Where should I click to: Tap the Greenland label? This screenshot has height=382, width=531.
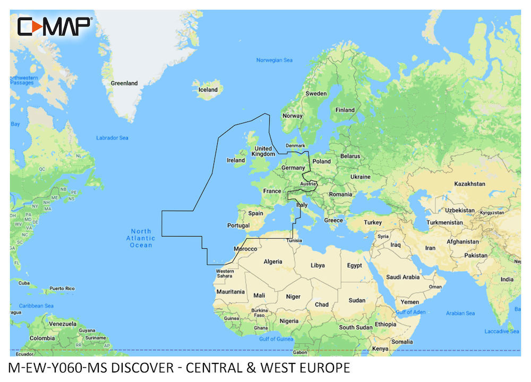124,83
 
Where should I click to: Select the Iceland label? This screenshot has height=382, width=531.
208,90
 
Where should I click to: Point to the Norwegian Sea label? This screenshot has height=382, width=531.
274,60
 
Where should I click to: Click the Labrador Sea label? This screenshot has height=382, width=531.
112,138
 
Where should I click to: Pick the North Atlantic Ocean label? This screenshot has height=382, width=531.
141,238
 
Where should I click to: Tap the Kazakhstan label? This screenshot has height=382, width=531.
469,184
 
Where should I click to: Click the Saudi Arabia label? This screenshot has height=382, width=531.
402,277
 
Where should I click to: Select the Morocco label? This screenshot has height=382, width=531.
245,249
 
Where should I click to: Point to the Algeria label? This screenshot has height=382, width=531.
273,262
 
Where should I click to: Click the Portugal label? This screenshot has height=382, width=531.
238,225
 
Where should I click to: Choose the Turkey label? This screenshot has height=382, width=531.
372,222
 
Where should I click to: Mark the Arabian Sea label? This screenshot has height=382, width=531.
460,313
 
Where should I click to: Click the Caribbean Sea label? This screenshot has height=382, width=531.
36,306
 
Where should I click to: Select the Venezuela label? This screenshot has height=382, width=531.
62,324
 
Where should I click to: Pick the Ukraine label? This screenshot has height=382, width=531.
360,177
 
